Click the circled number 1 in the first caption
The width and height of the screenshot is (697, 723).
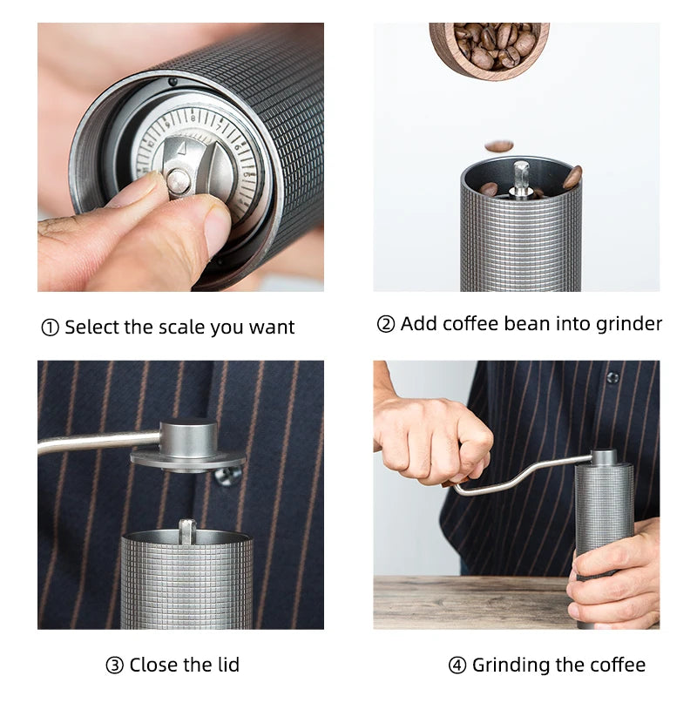coord(50,328)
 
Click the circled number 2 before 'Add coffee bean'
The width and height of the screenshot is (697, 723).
coord(386,325)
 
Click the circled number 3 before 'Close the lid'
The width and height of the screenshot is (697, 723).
coord(114,666)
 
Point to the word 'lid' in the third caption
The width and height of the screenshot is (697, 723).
coord(227,666)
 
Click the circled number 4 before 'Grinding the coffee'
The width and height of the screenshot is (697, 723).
coord(457,666)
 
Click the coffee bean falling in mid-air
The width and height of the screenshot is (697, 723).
coord(498,145)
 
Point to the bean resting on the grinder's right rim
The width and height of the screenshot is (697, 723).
coord(572,178)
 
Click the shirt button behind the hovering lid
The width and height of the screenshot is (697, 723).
coord(227,476)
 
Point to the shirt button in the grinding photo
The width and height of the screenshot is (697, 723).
coord(612,377)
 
